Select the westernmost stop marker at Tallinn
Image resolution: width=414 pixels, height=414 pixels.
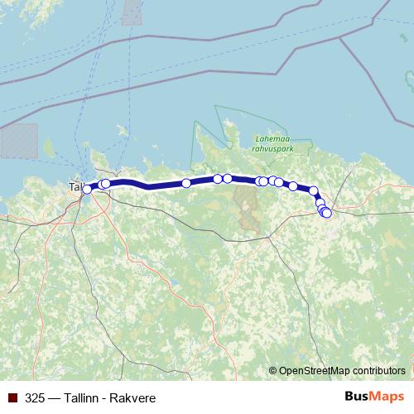[87, 190]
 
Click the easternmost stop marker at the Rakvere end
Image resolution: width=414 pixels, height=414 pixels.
[326, 213]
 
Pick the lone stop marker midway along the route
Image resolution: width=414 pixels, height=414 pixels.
[186, 183]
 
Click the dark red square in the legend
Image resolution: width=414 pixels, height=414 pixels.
[12, 397]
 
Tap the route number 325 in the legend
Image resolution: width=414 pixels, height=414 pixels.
[35, 397]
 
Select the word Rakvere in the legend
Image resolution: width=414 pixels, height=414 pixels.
[132, 397]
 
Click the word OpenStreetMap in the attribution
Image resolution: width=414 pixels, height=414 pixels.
[315, 370]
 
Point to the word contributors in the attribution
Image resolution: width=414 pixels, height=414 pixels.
[379, 370]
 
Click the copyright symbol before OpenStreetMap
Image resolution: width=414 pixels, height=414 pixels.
[273, 370]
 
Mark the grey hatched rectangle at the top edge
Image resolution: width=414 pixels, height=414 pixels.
[132, 12]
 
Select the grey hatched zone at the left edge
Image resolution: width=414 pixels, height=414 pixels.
[18, 140]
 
